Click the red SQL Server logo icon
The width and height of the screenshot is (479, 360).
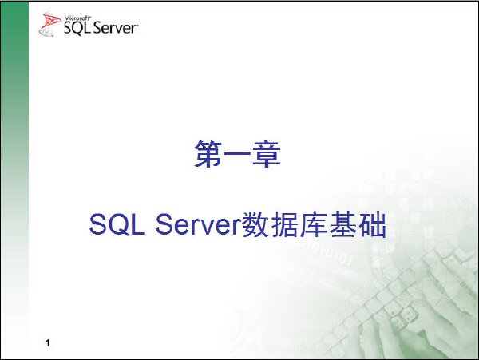49,25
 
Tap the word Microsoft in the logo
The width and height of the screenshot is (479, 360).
77,18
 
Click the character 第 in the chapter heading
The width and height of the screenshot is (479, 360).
208,154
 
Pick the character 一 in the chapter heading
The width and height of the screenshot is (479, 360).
237,153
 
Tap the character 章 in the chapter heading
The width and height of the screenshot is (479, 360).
267,154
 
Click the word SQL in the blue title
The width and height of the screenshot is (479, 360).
117,224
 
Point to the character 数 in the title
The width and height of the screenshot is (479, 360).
255,224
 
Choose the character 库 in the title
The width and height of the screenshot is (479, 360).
314,224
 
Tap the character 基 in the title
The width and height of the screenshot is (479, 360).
342,224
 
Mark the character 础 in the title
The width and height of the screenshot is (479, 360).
372,224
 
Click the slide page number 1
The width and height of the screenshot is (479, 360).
47,342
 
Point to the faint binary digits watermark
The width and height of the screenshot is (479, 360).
327,252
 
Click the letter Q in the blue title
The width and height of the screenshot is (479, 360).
120,224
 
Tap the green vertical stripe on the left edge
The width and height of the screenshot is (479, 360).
14,180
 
